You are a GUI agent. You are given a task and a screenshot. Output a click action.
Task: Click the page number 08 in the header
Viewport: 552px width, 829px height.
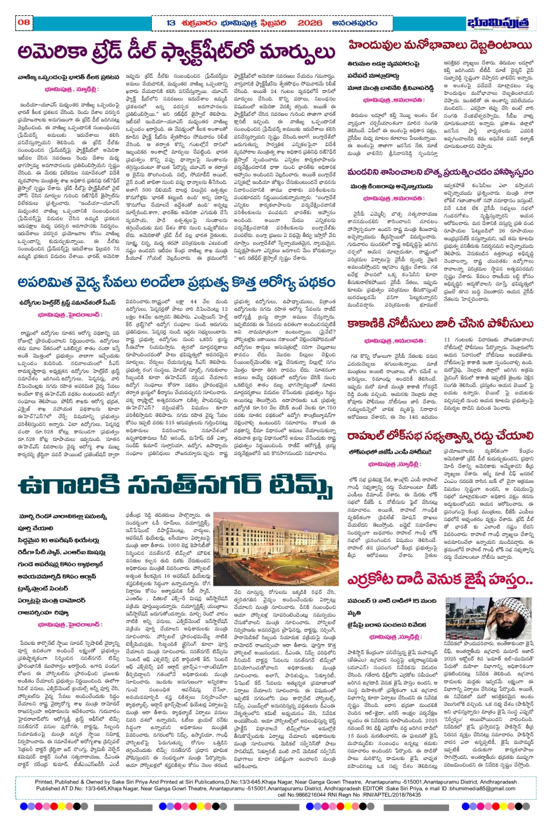coord(24,22)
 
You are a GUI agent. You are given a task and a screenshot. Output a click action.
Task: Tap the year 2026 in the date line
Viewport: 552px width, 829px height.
coord(310,23)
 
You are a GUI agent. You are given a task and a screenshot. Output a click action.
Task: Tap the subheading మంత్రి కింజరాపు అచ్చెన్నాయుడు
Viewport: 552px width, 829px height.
coord(391,186)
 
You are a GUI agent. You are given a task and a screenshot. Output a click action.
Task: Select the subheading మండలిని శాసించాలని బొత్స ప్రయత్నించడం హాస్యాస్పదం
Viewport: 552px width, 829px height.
coord(440,172)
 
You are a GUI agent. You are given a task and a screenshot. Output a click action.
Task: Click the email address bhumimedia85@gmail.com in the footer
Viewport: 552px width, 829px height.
coord(477,788)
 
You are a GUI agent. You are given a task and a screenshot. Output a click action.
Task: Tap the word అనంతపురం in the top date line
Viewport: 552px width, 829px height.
coord(361,23)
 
